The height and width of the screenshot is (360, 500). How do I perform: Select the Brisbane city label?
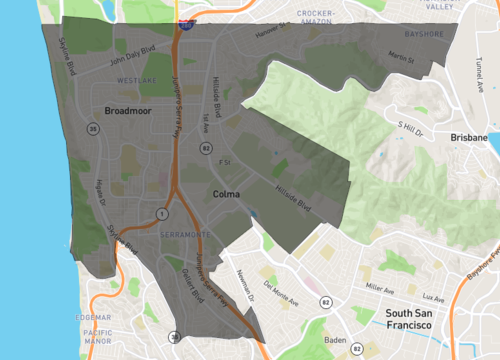pyautogui.click(x=468, y=137)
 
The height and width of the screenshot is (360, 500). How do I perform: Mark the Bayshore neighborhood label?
pyautogui.click(x=424, y=33)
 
